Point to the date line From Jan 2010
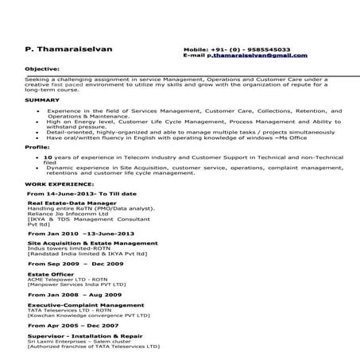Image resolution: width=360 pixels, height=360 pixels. click(x=81, y=234)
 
